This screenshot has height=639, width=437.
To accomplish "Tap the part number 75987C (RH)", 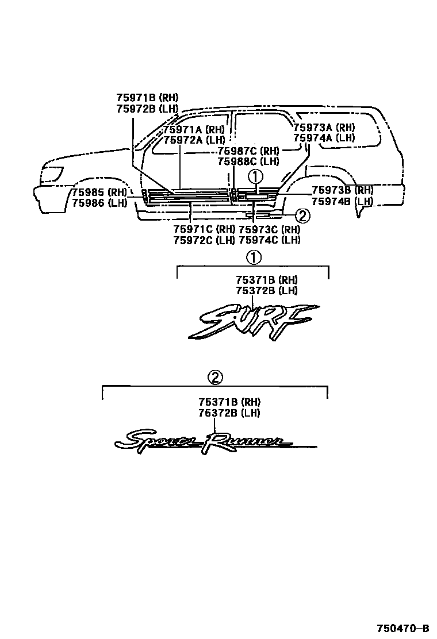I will click(x=248, y=151).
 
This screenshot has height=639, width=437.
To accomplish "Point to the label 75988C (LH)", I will click(x=248, y=161).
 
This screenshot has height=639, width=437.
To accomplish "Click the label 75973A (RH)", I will click(x=324, y=128).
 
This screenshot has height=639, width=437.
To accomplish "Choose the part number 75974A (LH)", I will click(x=324, y=138).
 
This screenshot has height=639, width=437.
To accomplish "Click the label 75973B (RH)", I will click(x=342, y=190).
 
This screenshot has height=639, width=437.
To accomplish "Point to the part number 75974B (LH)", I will click(x=342, y=201).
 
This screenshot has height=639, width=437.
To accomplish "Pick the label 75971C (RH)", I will click(x=204, y=229).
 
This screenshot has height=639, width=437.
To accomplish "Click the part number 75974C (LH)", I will click(x=269, y=240).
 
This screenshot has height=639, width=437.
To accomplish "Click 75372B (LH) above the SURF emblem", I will click(x=266, y=290).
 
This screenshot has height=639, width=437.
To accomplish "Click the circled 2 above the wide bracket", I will click(x=214, y=378).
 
